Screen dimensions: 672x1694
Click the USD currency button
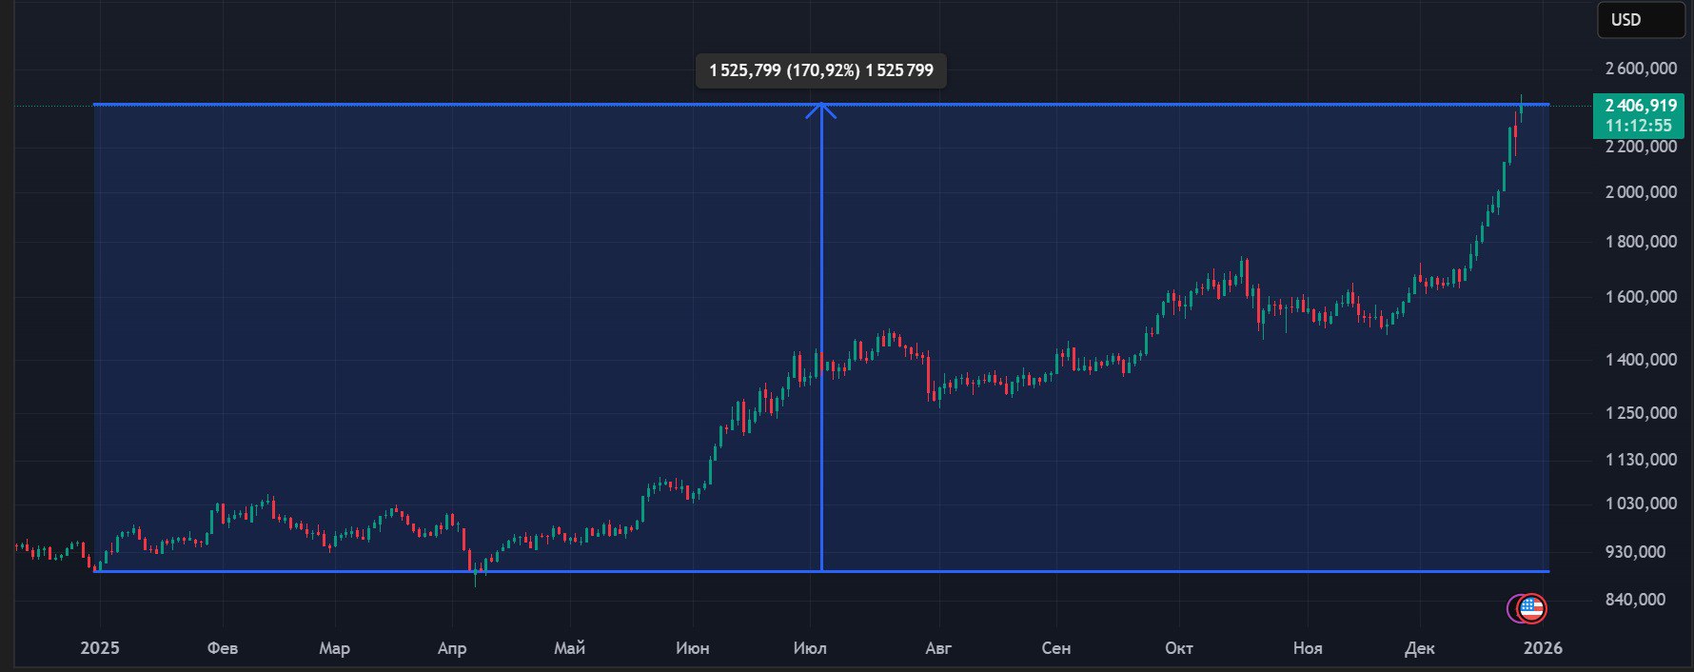(1640, 20)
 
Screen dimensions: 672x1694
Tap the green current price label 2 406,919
(1640, 106)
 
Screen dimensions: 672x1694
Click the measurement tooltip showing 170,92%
(820, 70)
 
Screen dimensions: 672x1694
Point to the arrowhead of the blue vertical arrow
(821, 109)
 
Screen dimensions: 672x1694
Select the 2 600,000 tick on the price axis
(1641, 69)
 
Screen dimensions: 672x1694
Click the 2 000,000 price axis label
(1641, 192)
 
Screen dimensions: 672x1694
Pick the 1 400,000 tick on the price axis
(1641, 360)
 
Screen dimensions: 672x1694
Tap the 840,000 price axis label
(1635, 600)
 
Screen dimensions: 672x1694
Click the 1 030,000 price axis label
(1641, 504)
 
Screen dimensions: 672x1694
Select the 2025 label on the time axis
(100, 648)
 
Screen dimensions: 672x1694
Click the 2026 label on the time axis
(1543, 648)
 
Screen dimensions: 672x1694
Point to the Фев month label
(223, 648)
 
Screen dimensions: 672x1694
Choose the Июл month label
(810, 648)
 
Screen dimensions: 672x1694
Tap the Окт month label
(1179, 648)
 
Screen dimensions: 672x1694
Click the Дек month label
(1419, 648)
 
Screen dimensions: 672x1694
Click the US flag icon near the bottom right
(1531, 607)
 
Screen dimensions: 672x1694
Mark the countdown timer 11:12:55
(1638, 126)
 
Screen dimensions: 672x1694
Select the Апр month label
(452, 648)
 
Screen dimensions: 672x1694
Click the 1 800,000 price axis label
(1641, 242)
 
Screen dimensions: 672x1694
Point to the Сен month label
(1056, 648)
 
